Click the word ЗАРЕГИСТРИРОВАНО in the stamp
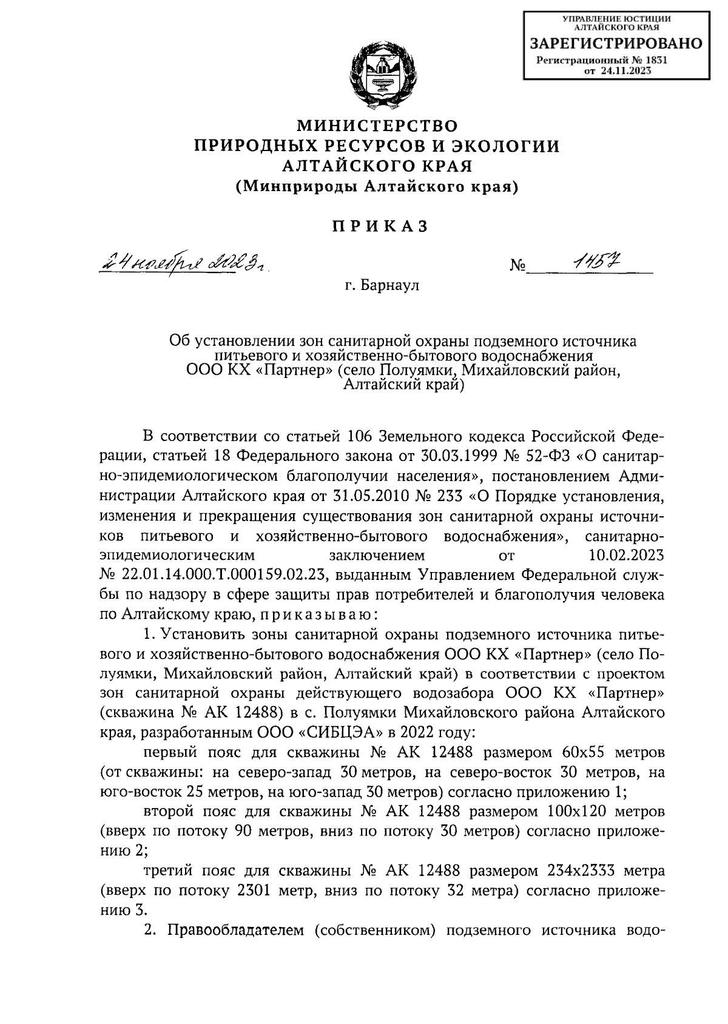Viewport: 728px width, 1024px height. (x=616, y=44)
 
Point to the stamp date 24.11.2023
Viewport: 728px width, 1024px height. (x=627, y=71)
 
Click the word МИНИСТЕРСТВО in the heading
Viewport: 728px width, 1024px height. (x=376, y=126)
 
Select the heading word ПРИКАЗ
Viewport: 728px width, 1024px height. (x=380, y=227)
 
